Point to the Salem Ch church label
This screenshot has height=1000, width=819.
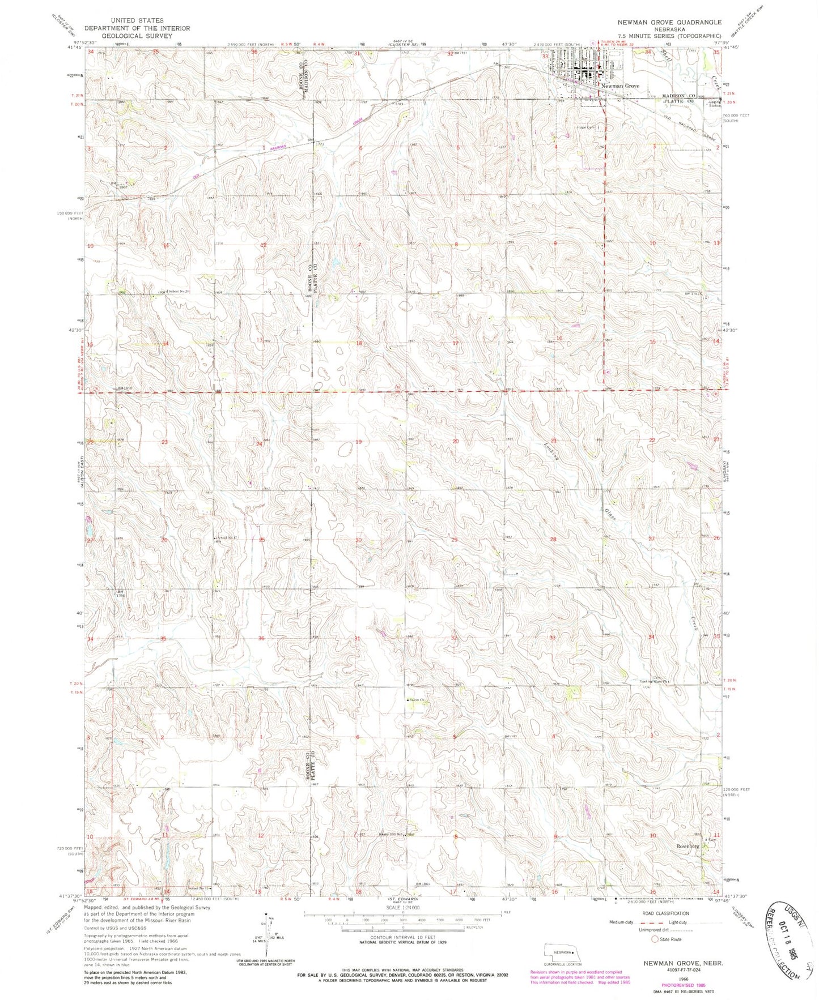pyautogui.click(x=418, y=700)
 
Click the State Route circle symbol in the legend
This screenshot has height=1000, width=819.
pyautogui.click(x=655, y=939)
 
